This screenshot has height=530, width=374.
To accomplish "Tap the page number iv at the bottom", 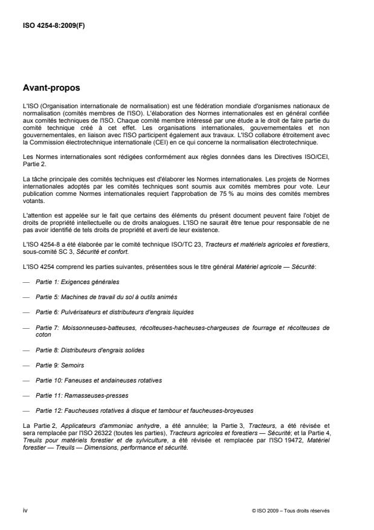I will coord(25,511).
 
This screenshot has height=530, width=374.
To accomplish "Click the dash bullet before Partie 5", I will coord(25,297).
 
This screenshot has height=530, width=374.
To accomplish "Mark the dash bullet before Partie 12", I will coord(25,410).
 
